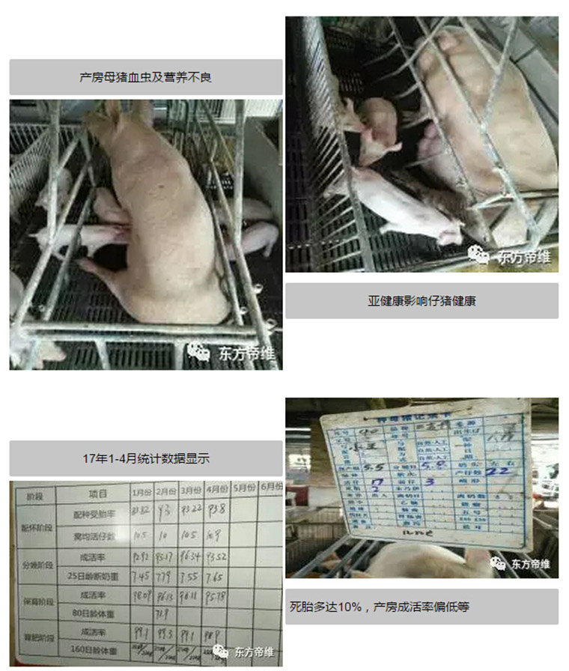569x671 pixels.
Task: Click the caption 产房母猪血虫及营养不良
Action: (145, 77)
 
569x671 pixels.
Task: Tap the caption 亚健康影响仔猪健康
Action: (422, 301)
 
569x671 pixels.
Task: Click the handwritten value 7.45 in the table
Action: (141, 577)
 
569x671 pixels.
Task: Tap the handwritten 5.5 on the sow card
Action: (374, 467)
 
